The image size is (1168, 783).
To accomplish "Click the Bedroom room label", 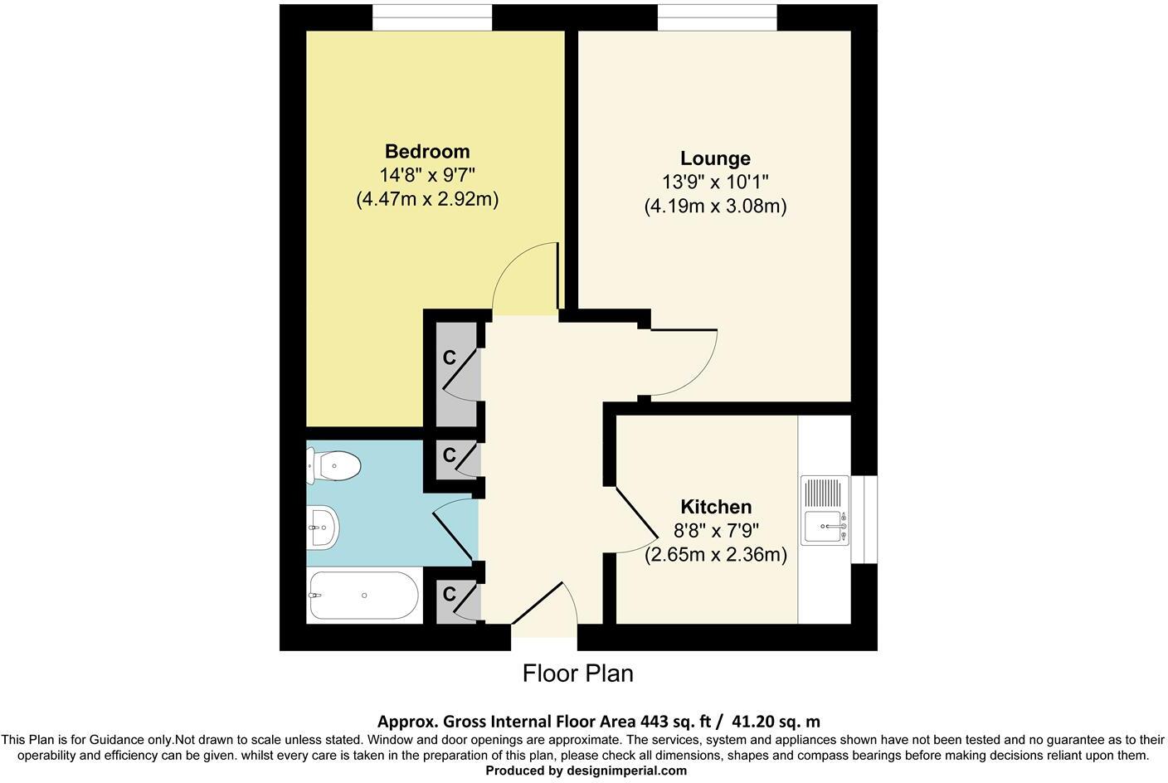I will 427,152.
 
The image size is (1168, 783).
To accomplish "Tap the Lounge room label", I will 715,158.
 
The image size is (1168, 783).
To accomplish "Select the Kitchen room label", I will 716,507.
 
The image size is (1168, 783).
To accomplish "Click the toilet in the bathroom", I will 333,466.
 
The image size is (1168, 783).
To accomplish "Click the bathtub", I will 363,595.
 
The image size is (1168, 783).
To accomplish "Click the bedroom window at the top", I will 431,17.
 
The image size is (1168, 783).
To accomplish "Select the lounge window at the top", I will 718,17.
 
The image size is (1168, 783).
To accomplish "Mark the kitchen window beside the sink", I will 864,519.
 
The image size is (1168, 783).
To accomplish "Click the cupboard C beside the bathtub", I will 452,595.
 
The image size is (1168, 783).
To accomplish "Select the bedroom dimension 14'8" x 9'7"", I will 427,176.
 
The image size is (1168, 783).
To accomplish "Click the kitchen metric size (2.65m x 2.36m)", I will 716,555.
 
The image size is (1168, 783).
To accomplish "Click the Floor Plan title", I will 577,674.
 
